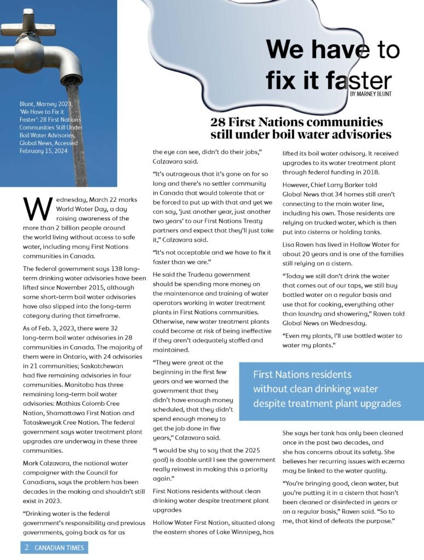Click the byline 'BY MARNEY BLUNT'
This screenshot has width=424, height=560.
tap(370, 94)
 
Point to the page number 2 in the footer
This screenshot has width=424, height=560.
tap(27, 547)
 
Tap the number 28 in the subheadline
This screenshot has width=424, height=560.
tap(219, 122)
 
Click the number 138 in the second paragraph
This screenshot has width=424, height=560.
tap(108, 269)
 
